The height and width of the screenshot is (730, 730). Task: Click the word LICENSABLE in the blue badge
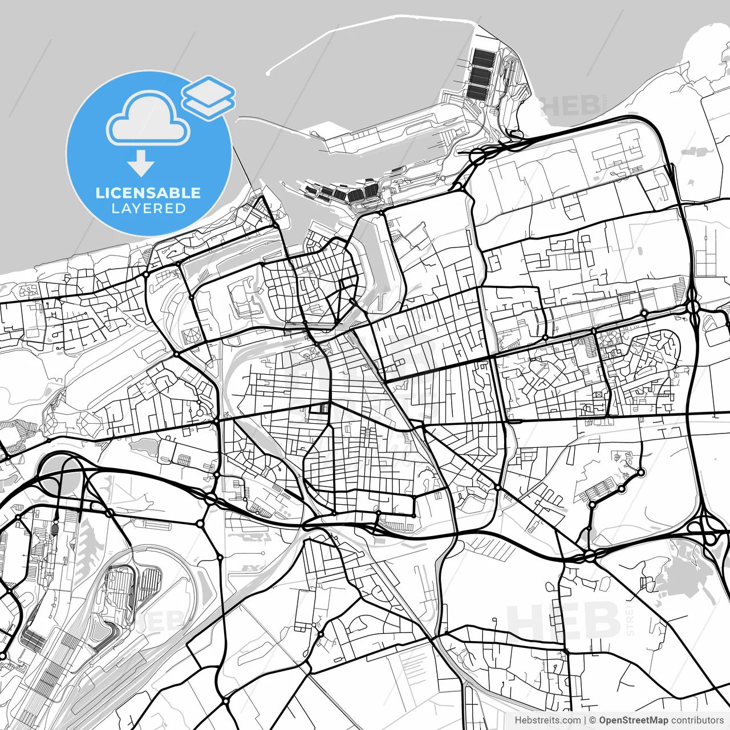pyautogui.click(x=148, y=193)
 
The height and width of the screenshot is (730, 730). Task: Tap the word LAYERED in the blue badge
pyautogui.click(x=148, y=208)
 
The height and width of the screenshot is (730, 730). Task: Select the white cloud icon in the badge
pyautogui.click(x=148, y=120)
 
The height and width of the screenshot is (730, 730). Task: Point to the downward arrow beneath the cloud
pyautogui.click(x=141, y=163)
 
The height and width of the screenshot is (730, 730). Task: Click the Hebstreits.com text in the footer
pyautogui.click(x=547, y=720)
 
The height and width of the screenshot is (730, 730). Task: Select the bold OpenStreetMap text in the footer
pyautogui.click(x=634, y=720)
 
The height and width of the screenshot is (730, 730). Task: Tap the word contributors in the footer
pyautogui.click(x=697, y=720)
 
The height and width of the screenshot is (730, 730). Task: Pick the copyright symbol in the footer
pyautogui.click(x=593, y=720)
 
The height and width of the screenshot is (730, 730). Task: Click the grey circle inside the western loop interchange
pyautogui.click(x=57, y=473)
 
